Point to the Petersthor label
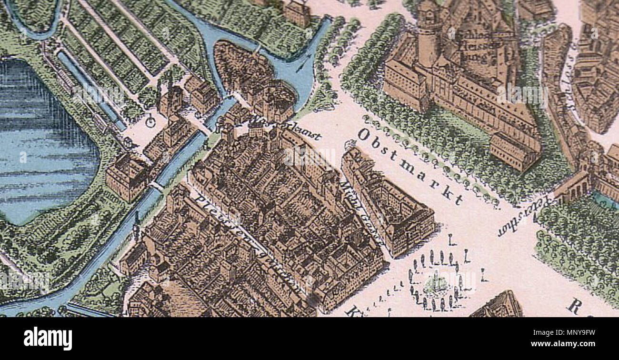(x=524, y=217)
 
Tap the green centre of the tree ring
(x=434, y=283)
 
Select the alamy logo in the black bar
(x=48, y=339)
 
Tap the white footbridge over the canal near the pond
(x=157, y=185)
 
